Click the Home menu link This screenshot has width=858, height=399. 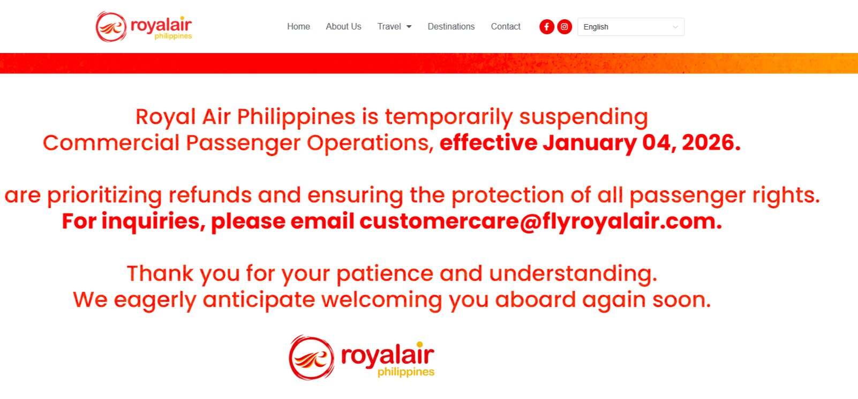click(x=298, y=26)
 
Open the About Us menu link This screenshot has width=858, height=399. click(x=344, y=26)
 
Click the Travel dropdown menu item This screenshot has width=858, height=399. click(x=394, y=26)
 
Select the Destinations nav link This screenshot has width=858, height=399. click(x=451, y=26)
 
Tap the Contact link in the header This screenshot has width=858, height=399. click(x=506, y=26)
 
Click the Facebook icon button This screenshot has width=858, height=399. click(x=547, y=27)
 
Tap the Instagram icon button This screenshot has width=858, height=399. click(x=564, y=27)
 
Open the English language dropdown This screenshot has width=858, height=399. click(x=631, y=27)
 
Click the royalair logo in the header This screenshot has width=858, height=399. click(x=144, y=26)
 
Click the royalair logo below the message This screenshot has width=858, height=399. click(x=362, y=357)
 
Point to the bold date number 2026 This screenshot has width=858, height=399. click(x=711, y=143)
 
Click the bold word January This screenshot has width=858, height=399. click(x=589, y=144)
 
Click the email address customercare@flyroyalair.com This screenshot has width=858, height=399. click(x=540, y=221)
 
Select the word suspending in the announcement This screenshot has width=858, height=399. click(x=583, y=117)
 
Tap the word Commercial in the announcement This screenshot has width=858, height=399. click(x=111, y=143)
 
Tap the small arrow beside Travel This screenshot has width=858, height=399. click(x=409, y=27)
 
